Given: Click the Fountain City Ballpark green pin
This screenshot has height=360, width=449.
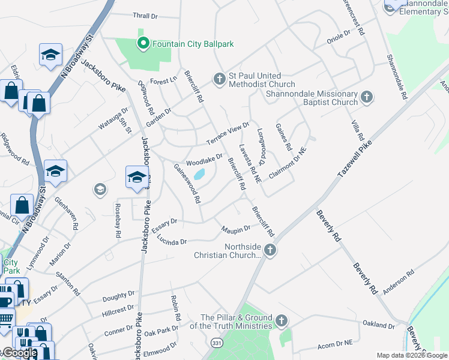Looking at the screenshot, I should pyautogui.click(x=143, y=43).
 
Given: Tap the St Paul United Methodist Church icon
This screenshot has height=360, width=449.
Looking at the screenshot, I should pyautogui.click(x=218, y=78).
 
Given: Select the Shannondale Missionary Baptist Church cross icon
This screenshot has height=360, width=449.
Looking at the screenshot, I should pyautogui.click(x=367, y=97).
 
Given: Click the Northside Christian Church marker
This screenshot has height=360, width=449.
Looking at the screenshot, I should pyautogui.click(x=270, y=250).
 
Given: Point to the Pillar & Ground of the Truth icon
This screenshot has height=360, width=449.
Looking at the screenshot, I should pyautogui.click(x=282, y=321).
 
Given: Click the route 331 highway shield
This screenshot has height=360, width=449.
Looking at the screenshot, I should pyautogui.click(x=215, y=341).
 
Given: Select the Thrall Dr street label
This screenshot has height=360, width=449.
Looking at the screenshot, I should pyautogui.click(x=143, y=16).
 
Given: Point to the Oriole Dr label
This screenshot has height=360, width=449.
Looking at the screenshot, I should pyautogui.click(x=339, y=40).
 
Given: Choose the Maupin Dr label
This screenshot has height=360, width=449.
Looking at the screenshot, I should pyautogui.click(x=235, y=229).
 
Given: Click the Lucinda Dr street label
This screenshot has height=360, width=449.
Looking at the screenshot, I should pyautogui.click(x=172, y=241).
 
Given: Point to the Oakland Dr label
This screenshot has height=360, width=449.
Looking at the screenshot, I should pyautogui.click(x=379, y=325).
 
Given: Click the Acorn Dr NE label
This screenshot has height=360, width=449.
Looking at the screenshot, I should pyautogui.click(x=335, y=343).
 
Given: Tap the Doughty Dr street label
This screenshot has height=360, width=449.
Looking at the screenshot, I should pyautogui.click(x=118, y=296).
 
